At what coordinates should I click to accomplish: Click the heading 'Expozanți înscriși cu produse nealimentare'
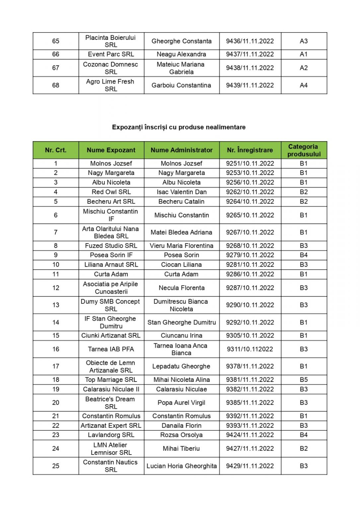pyautogui.click(x=179, y=127)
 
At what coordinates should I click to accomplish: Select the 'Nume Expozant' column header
pyautogui.click(x=111, y=150)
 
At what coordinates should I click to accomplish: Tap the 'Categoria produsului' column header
pyautogui.click(x=304, y=150)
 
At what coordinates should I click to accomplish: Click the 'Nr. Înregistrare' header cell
pyautogui.click(x=250, y=150)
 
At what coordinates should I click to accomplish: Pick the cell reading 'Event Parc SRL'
pyautogui.click(x=111, y=54)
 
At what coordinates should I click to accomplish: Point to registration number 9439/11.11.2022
pyautogui.click(x=250, y=85)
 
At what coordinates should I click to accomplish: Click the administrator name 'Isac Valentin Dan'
pyautogui.click(x=181, y=192)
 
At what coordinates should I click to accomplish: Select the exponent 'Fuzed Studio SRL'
pyautogui.click(x=111, y=246)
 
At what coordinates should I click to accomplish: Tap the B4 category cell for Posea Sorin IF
pyautogui.click(x=304, y=255)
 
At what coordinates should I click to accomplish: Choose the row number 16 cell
pyautogui.click(x=56, y=349)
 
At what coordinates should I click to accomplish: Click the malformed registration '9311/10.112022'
pyautogui.click(x=250, y=349)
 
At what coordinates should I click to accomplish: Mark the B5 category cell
pyautogui.click(x=304, y=380)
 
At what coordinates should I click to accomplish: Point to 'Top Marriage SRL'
pyautogui.click(x=111, y=380)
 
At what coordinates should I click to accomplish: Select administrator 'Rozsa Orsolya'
pyautogui.click(x=181, y=435)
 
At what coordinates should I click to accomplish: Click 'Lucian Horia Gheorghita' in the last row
pyautogui.click(x=181, y=466)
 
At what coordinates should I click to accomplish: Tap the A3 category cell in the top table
pyautogui.click(x=304, y=41)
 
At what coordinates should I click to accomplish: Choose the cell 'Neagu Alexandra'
pyautogui.click(x=181, y=54)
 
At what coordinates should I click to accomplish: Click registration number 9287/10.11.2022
pyautogui.click(x=250, y=288)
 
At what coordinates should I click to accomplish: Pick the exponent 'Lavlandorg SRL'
pyautogui.click(x=111, y=435)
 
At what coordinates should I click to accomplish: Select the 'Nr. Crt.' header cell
pyautogui.click(x=56, y=150)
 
